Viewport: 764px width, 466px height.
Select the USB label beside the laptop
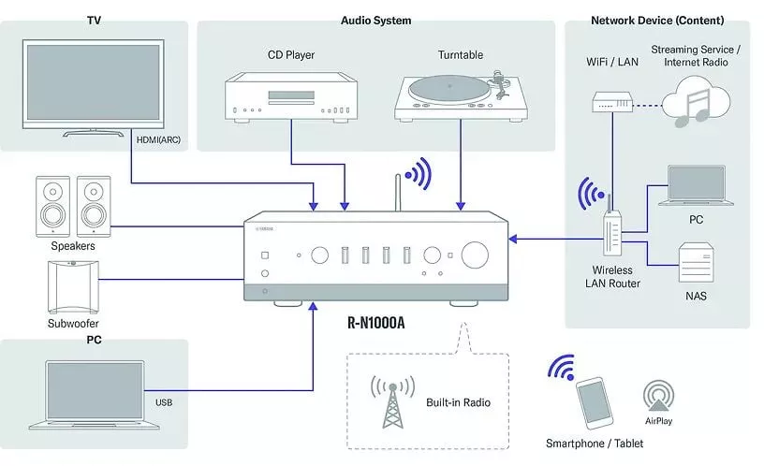pos(163,404)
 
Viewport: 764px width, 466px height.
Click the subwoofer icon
pos(72,285)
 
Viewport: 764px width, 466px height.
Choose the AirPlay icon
pos(659,394)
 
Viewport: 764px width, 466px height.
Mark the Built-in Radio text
pos(459,403)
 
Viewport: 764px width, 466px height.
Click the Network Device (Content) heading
pos(657,20)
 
